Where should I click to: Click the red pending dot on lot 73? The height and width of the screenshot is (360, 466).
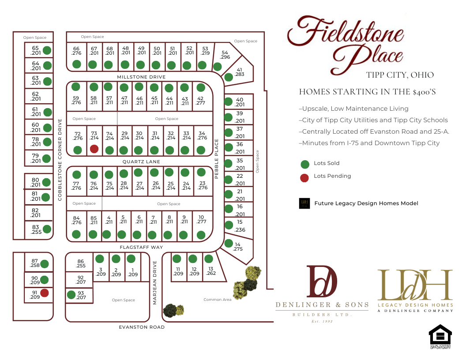click(94, 149)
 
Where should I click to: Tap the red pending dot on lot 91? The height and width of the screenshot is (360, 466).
click(44, 293)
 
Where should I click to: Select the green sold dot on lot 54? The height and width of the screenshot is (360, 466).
click(217, 67)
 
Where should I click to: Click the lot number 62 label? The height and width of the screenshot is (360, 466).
click(36, 94)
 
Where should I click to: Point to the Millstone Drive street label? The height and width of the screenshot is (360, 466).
click(141, 77)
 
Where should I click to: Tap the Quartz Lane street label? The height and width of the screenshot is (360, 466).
click(141, 162)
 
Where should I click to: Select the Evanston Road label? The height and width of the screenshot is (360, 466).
click(142, 327)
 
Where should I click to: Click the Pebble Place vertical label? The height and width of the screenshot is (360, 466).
click(217, 159)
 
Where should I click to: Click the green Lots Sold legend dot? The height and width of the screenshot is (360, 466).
click(304, 164)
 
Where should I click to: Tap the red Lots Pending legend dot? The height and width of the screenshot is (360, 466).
click(304, 177)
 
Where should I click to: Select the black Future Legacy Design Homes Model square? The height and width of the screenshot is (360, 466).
click(304, 203)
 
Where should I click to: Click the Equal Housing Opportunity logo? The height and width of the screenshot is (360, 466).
click(440, 337)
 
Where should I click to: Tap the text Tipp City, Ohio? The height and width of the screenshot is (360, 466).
click(400, 75)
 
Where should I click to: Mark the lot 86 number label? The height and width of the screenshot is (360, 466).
click(80, 261)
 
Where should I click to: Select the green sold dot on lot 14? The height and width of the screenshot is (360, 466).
click(229, 243)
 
